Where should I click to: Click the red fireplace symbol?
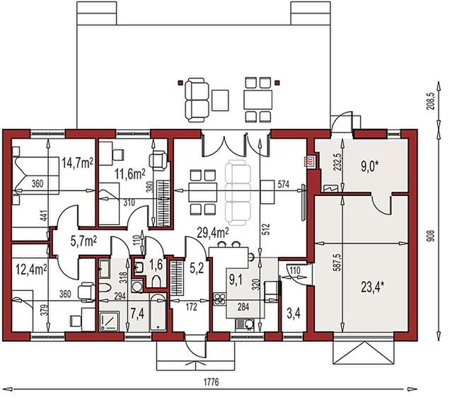coord(309,161)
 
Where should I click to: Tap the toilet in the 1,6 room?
coord(140,267)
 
